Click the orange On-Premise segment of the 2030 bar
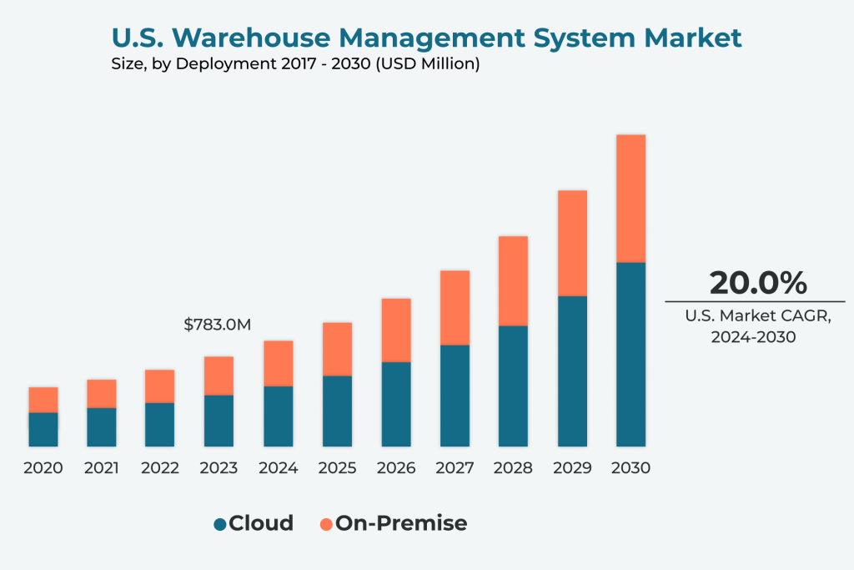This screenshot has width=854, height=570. pyautogui.click(x=630, y=199)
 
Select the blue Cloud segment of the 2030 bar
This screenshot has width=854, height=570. pyautogui.click(x=630, y=355)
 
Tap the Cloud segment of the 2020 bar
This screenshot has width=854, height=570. pyautogui.click(x=43, y=429)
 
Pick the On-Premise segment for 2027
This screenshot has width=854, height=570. pyautogui.click(x=455, y=307)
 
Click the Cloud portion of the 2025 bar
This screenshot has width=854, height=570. pyautogui.click(x=337, y=411)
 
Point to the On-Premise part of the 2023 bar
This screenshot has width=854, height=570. pyautogui.click(x=219, y=376)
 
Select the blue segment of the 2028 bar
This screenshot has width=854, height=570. pyautogui.click(x=513, y=386)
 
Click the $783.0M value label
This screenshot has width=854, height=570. pyautogui.click(x=218, y=325)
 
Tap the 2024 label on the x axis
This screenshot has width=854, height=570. pyautogui.click(x=278, y=468)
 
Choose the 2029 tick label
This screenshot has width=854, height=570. pyautogui.click(x=572, y=468)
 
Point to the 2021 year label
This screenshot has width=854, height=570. pyautogui.click(x=101, y=468)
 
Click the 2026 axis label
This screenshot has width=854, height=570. pyautogui.click(x=395, y=468)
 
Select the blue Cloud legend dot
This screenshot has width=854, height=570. pyautogui.click(x=220, y=524)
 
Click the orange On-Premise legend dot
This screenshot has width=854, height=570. pyautogui.click(x=326, y=524)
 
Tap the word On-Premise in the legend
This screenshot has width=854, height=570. pyautogui.click(x=401, y=523)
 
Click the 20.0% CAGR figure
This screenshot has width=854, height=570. pyautogui.click(x=758, y=283)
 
